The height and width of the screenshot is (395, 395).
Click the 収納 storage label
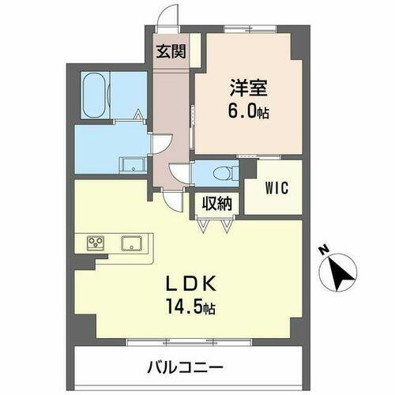(x=215, y=204)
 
